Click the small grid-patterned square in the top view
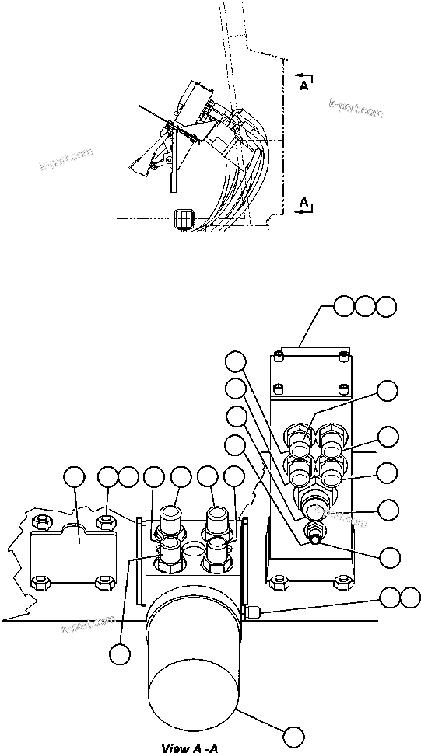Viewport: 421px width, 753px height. coord(184,220)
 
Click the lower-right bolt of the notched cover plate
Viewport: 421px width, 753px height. coord(100,581)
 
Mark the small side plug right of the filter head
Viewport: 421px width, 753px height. coord(252,614)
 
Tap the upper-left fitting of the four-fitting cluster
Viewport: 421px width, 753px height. coord(298,439)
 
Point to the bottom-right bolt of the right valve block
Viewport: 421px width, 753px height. coord(339,580)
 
